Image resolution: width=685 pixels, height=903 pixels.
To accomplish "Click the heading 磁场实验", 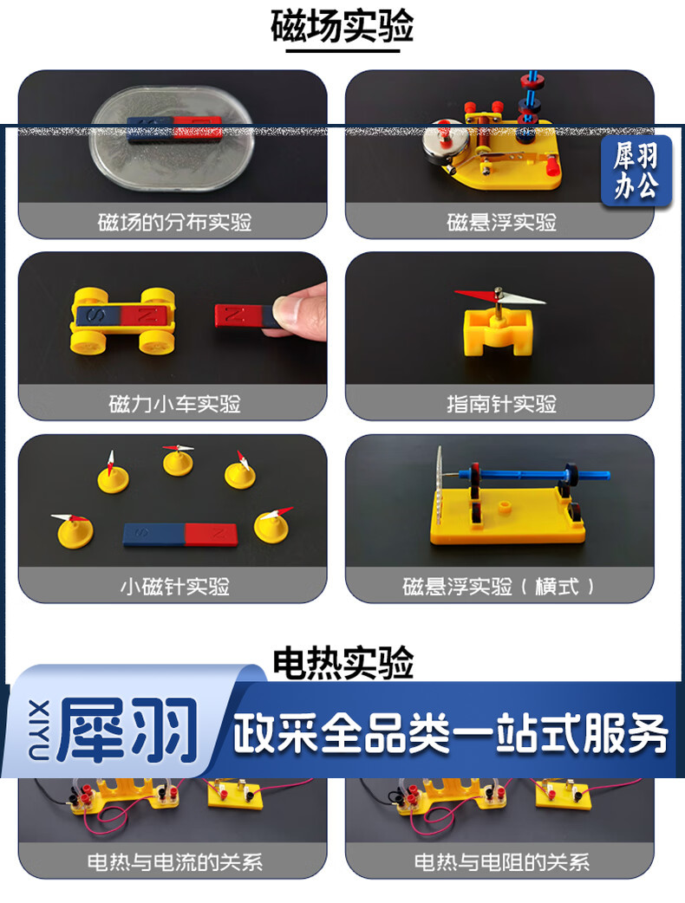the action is point(342,26).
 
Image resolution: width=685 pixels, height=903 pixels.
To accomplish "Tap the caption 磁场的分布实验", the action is point(174,222).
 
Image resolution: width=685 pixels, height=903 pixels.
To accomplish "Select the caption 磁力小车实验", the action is point(174,404).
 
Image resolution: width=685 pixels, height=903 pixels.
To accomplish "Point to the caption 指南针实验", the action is point(501,404).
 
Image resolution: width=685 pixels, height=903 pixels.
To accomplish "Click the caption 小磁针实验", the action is point(174,587).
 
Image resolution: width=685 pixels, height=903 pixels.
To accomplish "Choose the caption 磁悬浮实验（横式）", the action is point(499,587).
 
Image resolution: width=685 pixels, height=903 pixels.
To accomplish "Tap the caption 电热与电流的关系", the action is point(174,862).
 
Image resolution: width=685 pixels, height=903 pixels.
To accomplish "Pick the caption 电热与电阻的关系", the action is point(501,862).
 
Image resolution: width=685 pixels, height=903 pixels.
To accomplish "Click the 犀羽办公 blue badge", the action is point(636,171).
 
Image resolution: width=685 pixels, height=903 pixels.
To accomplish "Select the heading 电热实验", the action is point(342,663).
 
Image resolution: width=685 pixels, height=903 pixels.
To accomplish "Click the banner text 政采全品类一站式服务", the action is point(450,734).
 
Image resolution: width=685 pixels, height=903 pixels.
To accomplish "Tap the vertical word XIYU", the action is point(39,730).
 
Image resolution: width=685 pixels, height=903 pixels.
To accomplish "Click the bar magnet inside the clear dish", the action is point(174,129).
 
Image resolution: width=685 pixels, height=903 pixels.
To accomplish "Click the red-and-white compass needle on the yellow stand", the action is point(499,297).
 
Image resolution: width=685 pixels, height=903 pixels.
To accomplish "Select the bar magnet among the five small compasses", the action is point(179,535).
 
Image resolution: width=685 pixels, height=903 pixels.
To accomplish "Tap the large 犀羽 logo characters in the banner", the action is point(127,730).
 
